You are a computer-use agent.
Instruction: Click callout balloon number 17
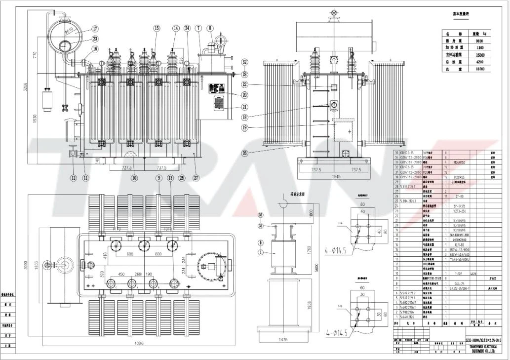(95, 29)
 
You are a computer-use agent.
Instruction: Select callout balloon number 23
(95, 39)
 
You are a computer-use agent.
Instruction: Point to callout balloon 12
(73, 178)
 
